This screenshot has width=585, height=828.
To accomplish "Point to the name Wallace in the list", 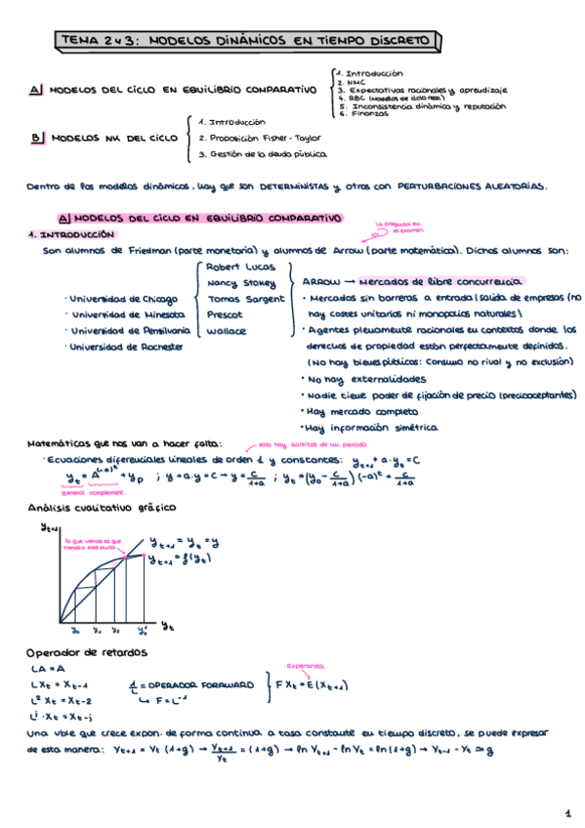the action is pyautogui.click(x=227, y=331).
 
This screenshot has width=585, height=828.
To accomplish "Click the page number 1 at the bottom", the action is pyautogui.click(x=566, y=812).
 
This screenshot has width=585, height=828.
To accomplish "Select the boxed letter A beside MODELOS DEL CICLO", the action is pyautogui.click(x=36, y=91).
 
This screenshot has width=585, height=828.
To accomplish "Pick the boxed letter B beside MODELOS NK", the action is pyautogui.click(x=36, y=139).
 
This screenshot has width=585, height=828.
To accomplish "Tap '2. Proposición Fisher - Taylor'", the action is pyautogui.click(x=258, y=138).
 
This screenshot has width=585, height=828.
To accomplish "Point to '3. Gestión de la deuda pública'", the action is pyautogui.click(x=263, y=154).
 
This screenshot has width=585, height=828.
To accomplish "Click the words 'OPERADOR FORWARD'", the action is pyautogui.click(x=202, y=683).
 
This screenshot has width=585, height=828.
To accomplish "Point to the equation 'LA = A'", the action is pyautogui.click(x=46, y=669).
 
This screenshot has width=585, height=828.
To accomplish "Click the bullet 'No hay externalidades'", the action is pyautogui.click(x=365, y=378).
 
